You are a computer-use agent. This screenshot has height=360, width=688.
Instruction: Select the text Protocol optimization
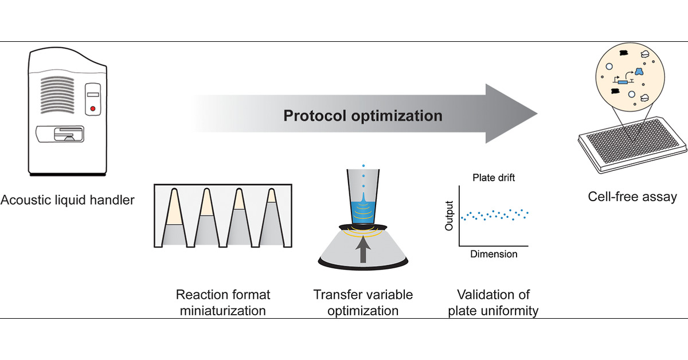tap(363, 116)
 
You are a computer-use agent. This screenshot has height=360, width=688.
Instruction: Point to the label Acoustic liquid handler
tap(68, 201)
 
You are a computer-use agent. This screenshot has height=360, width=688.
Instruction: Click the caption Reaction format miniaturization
tap(222, 303)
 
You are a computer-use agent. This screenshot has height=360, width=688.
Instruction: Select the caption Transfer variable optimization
tap(363, 303)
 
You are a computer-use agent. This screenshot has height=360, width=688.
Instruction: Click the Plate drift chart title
tap(494, 178)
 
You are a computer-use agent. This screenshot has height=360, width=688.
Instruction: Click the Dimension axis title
tap(494, 254)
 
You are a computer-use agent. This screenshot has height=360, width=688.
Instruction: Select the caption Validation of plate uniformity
tap(494, 303)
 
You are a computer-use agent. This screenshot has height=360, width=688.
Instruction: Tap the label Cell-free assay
tap(632, 197)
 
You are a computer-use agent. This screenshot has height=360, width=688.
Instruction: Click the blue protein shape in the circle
tap(637, 71)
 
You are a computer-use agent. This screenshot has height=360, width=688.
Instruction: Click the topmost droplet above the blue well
tap(363, 167)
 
